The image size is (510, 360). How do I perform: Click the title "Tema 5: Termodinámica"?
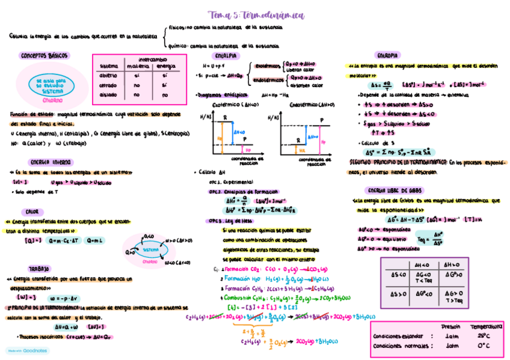[256, 16]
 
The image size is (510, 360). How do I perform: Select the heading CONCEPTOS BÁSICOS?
[45, 55]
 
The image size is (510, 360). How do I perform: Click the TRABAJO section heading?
[38, 269]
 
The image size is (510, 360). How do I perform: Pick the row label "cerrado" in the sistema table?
[109, 85]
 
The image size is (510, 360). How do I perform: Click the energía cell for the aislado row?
[164, 96]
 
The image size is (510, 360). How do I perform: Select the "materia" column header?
[137, 66]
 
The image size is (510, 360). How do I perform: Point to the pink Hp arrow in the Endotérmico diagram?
[323, 141]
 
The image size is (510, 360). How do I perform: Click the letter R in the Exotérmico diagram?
[224, 117]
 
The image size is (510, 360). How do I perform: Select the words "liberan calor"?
[296, 70]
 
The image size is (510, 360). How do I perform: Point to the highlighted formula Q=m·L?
[95, 241]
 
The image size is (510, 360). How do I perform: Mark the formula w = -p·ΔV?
[65, 297]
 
